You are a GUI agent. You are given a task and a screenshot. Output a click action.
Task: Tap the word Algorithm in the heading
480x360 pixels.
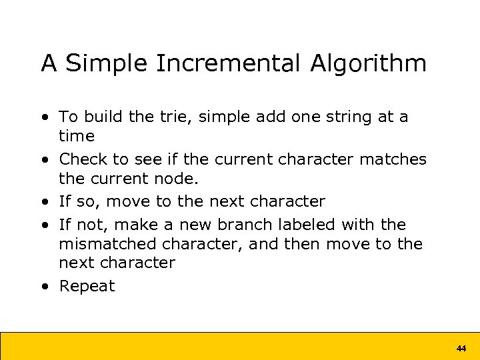click(368, 64)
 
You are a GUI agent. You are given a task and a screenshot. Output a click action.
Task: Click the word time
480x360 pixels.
click(77, 136)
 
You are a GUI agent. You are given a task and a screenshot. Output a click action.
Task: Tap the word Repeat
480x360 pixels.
click(87, 287)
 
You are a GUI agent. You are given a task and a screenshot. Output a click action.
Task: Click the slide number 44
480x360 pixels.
click(461, 348)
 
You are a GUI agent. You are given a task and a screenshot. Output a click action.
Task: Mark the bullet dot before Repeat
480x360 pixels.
click(45, 287)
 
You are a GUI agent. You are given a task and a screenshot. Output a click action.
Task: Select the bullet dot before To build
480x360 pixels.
click(45, 117)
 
